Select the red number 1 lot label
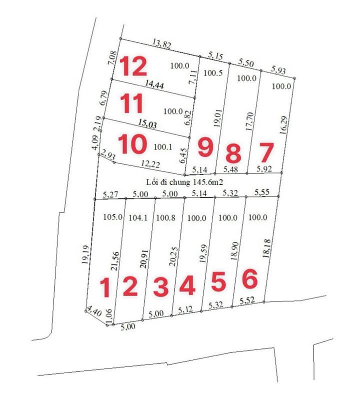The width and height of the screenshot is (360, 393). [x=105, y=287]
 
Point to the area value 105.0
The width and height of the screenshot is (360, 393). [x=112, y=217]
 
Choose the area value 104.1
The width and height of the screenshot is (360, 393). [x=138, y=218]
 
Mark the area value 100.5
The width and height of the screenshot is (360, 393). [x=213, y=73]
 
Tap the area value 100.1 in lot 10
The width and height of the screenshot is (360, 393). [x=163, y=147]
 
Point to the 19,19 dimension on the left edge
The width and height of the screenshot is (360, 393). [x=86, y=254]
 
